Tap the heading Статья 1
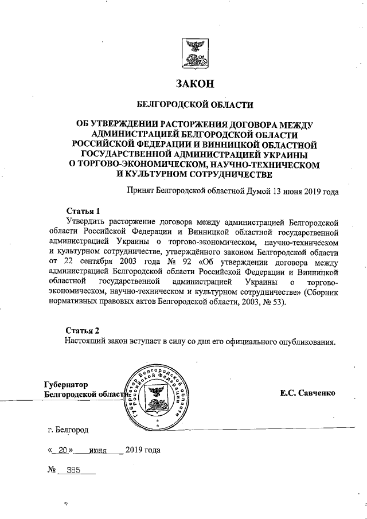(83, 210)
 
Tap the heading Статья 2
(83, 330)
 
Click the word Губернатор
(66, 384)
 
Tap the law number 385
(73, 470)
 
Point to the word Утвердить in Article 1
(85, 220)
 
